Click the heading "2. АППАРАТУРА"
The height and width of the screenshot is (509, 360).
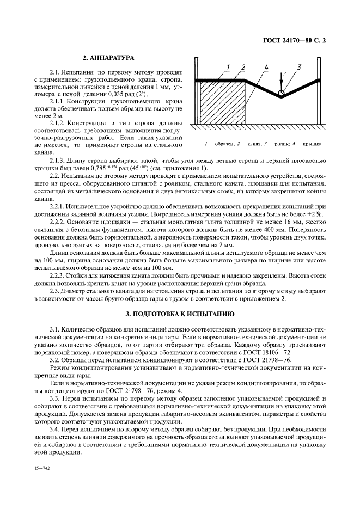(108, 57)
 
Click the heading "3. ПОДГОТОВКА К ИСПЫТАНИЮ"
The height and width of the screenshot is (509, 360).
(180, 314)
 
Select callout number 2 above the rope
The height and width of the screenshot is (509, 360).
(243, 67)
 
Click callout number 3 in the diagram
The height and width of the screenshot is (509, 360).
(299, 66)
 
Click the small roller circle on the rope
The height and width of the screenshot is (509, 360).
(280, 93)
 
